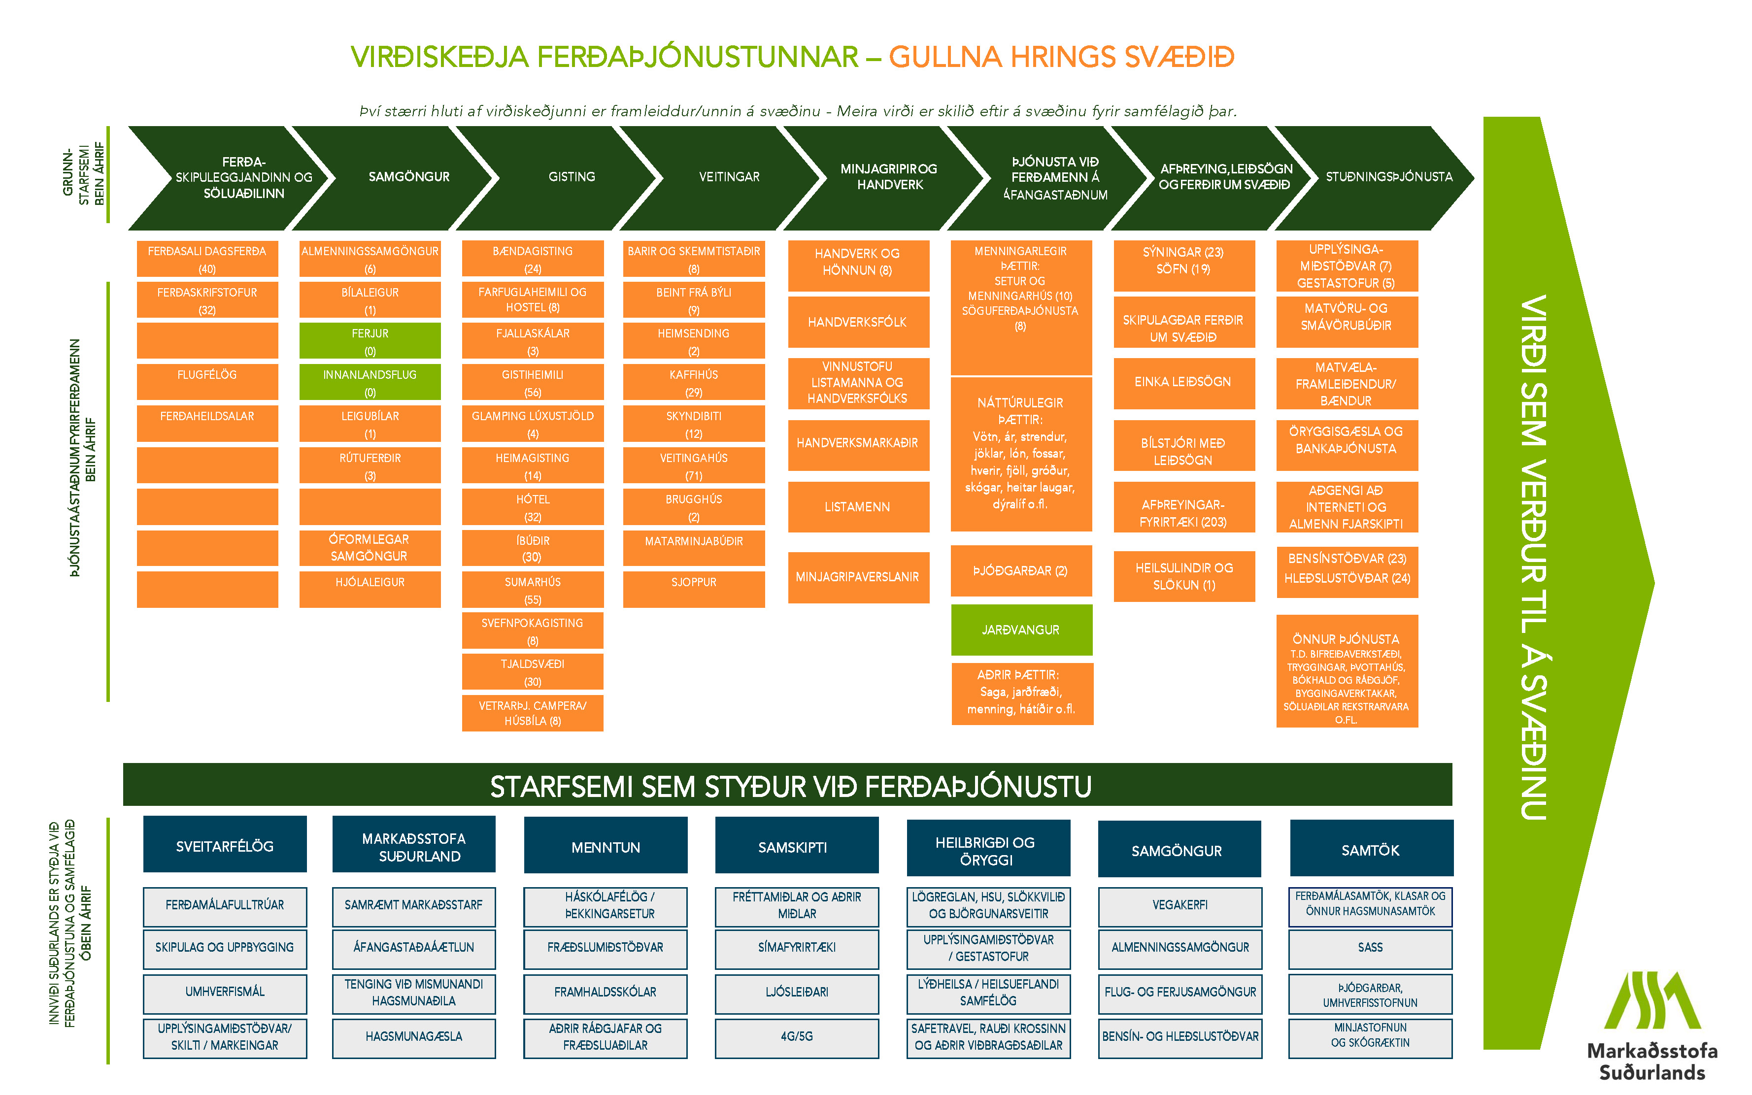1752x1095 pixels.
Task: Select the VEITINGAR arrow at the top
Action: pos(729,177)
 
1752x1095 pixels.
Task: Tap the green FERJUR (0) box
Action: pos(370,341)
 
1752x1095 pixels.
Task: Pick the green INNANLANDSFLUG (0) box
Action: pos(370,382)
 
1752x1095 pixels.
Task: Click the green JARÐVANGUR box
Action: pos(1020,630)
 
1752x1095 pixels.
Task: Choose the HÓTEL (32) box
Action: pos(532,507)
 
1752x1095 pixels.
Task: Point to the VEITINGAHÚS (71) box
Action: pos(693,465)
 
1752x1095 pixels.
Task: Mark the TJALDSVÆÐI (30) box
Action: pos(532,671)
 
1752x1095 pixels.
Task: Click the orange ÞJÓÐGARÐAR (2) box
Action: pos(1020,571)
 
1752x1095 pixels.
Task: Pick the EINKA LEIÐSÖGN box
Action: pos(1183,382)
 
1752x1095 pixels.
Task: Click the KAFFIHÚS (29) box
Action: pos(693,382)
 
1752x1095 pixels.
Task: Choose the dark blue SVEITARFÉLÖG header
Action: pos(225,845)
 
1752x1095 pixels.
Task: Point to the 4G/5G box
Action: pos(797,1037)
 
